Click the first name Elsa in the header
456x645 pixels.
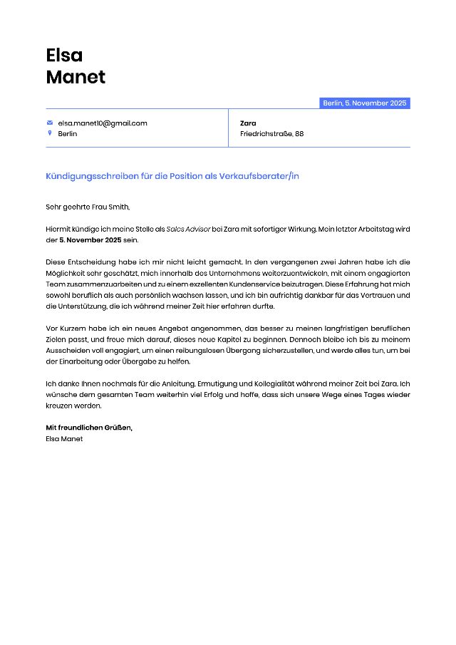[x=64, y=55]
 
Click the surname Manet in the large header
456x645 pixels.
[x=76, y=77]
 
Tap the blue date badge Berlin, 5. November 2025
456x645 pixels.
[x=364, y=103]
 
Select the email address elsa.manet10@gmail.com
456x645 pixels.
[x=103, y=123]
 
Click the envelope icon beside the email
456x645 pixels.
[x=50, y=123]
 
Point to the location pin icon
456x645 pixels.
[x=50, y=133]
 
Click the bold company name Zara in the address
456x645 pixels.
[x=248, y=123]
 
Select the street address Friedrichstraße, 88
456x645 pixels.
[x=271, y=134]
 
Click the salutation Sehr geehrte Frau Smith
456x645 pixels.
[x=88, y=207]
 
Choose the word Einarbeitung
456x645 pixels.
[x=85, y=361]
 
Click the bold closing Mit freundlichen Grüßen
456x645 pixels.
[x=89, y=428]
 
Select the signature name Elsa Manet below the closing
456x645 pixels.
[x=64, y=439]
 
